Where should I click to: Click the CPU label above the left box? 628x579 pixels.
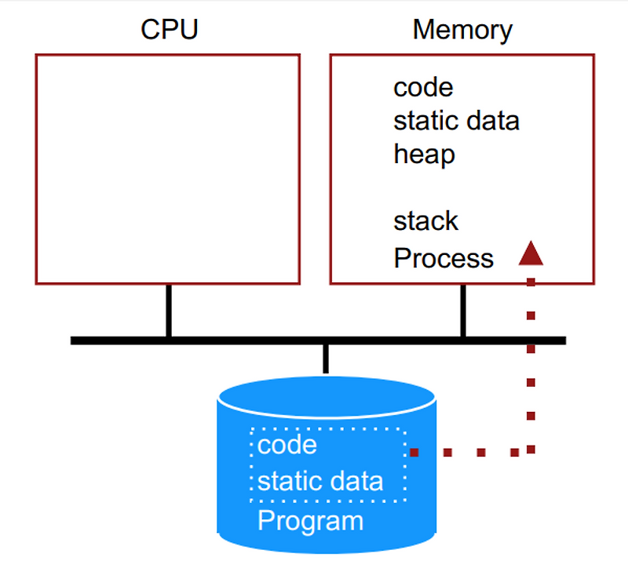169,30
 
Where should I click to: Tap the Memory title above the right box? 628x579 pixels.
462,30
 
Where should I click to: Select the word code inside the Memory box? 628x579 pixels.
423,86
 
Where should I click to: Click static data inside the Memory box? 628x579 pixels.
456,121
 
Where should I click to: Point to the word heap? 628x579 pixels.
424,155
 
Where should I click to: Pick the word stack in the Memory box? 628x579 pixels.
425,220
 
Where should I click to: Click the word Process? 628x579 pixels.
444,258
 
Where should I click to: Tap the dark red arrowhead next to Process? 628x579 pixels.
531,253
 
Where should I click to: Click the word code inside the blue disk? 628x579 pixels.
287,445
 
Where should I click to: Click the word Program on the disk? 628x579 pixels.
311,520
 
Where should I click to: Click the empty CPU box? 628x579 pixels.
167,169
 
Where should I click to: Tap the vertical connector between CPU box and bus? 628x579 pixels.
168,311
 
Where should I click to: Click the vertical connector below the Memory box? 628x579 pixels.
463,311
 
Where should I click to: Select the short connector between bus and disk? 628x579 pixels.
325,358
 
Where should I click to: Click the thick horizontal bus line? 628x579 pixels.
235,340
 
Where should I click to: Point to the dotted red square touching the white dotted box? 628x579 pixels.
414,452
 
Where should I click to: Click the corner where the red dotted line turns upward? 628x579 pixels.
531,450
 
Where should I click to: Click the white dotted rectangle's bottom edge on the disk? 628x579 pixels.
328,500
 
